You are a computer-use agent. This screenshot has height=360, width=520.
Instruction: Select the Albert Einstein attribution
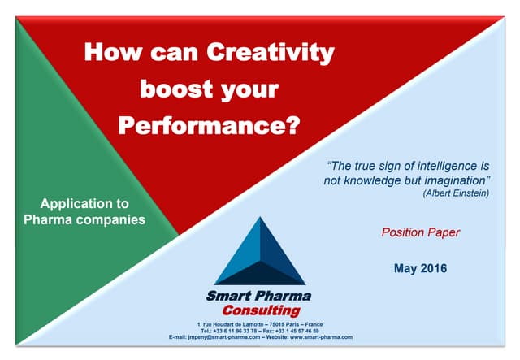tap(457, 193)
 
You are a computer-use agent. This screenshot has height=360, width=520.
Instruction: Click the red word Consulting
tap(261, 310)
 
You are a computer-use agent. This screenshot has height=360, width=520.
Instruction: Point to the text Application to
tap(84, 203)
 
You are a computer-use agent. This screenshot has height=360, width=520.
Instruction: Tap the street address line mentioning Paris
tap(260, 324)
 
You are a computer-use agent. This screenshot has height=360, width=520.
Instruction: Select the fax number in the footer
tap(297, 331)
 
